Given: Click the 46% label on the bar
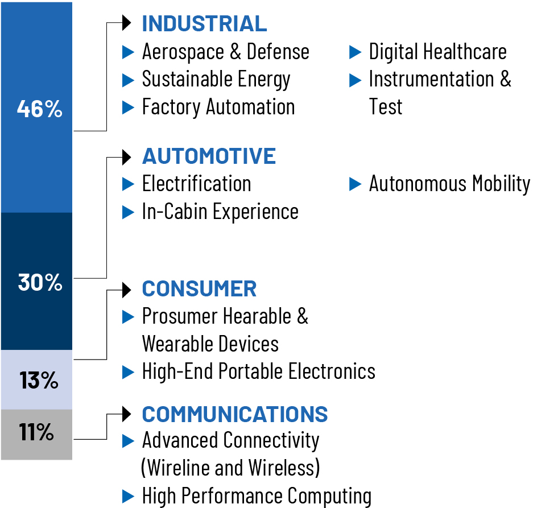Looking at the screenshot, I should (x=39, y=109).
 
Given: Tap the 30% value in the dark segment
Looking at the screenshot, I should (x=39, y=282).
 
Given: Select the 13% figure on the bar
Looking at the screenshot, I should (x=39, y=381).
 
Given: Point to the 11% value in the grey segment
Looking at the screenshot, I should (x=36, y=433).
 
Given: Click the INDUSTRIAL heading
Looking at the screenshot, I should (x=204, y=24).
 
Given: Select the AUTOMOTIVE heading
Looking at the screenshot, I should (x=209, y=156).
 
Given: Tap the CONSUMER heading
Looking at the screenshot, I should (x=199, y=289).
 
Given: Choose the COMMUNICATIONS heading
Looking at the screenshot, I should (x=234, y=414).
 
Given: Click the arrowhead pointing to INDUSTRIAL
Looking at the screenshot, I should (x=127, y=24).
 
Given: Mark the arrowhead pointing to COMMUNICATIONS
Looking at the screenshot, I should (x=127, y=414).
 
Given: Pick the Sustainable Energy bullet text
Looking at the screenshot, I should (x=216, y=79).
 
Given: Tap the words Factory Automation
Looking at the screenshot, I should (x=218, y=106).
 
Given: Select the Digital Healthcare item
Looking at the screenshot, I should (x=437, y=52).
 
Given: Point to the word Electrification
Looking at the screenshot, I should (x=196, y=184).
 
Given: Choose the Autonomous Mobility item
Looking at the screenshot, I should (x=449, y=184).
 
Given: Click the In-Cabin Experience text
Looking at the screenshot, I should (x=220, y=211).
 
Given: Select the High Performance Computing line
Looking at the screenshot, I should (x=257, y=495).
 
